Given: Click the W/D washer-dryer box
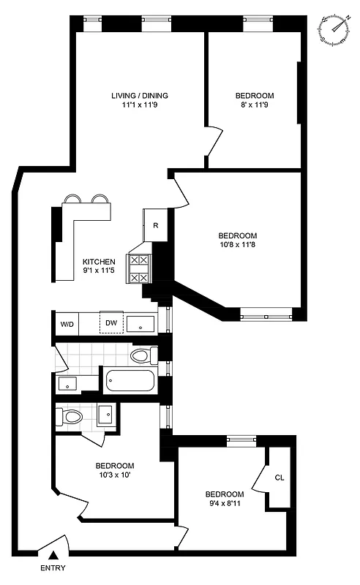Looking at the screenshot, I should [67, 323].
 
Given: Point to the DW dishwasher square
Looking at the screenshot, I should [111, 322].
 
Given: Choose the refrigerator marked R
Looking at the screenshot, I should [156, 225].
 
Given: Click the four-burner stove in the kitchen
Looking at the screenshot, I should [139, 268].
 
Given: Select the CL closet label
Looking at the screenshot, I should [279, 478].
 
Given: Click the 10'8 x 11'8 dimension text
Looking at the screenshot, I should [237, 246].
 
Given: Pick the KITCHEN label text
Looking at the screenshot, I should [99, 261].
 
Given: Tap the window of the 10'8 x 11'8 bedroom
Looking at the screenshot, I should [266, 316].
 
